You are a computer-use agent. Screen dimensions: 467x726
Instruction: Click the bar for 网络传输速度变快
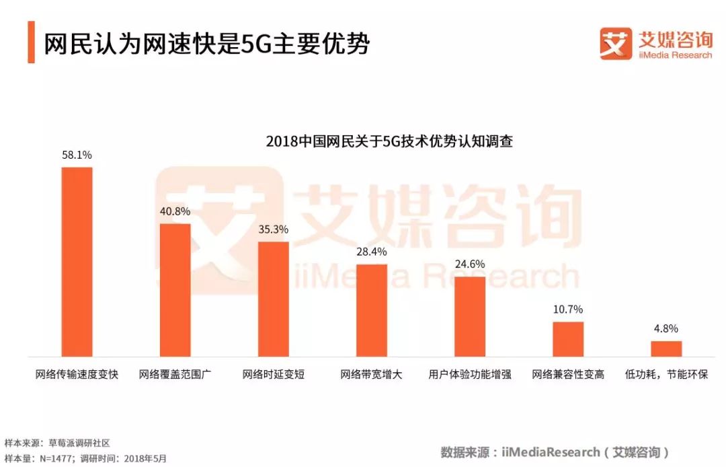pyautogui.click(x=77, y=262)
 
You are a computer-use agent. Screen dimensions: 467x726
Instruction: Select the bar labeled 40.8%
pyautogui.click(x=175, y=289)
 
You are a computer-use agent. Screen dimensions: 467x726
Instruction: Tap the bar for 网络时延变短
pyautogui.click(x=273, y=299)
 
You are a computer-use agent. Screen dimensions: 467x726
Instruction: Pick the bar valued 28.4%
pyautogui.click(x=372, y=310)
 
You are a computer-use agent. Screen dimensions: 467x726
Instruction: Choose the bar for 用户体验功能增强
pyautogui.click(x=470, y=316)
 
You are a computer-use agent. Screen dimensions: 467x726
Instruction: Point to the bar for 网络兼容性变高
pyautogui.click(x=568, y=339)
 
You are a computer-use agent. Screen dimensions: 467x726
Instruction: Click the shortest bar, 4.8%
pyautogui.click(x=666, y=349)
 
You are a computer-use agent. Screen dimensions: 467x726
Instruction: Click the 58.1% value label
pyautogui.click(x=77, y=155)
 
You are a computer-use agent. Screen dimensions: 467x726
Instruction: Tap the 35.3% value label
pyautogui.click(x=273, y=229)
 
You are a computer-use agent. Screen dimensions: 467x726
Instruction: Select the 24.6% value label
pyautogui.click(x=470, y=264)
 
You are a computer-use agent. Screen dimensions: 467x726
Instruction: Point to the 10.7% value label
pyautogui.click(x=568, y=310)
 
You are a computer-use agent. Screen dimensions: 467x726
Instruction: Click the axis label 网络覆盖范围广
pyautogui.click(x=175, y=374)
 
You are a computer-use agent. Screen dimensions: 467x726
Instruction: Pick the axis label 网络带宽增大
pyautogui.click(x=372, y=374)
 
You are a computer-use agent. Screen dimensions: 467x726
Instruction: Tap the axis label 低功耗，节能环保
pyautogui.click(x=666, y=374)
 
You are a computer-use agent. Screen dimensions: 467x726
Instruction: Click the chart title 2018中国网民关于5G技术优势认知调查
pyautogui.click(x=389, y=141)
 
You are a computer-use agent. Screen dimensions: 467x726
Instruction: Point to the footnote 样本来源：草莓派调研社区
pyautogui.click(x=57, y=443)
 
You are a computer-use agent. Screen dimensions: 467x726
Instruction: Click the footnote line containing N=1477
pyautogui.click(x=85, y=458)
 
